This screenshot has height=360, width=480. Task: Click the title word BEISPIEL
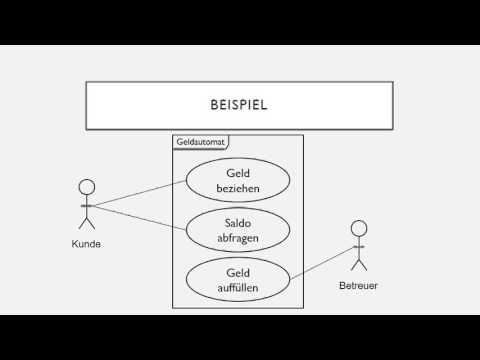click(238, 104)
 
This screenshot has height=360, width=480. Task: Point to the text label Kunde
click(86, 243)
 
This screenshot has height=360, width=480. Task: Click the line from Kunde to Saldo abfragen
click(140, 216)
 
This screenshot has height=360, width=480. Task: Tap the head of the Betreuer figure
click(359, 227)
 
